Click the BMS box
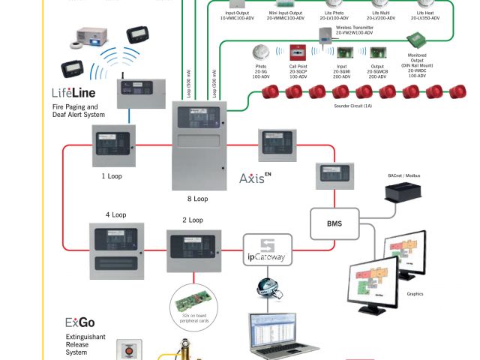[x=334, y=223]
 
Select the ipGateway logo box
[x=268, y=250]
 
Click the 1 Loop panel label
[x=112, y=176]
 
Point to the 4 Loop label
[x=116, y=214]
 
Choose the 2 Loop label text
[x=193, y=220]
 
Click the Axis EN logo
[x=254, y=178]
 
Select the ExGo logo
[x=79, y=323]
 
